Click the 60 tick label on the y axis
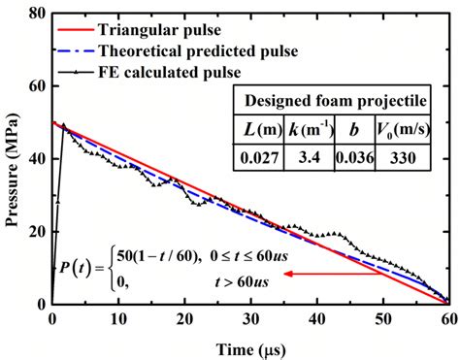click(x=35, y=85)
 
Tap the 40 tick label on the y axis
click(x=35, y=158)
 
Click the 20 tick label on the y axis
click(x=35, y=231)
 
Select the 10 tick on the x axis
click(x=116, y=318)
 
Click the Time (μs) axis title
click(x=249, y=344)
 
